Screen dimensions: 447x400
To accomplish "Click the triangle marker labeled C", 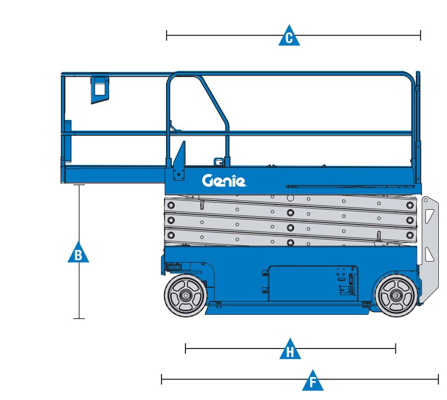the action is (289, 36).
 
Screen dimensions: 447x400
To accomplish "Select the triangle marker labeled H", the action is (290, 350).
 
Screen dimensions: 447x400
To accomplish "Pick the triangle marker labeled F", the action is (313, 381).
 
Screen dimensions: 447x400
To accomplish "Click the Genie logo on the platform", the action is (224, 181).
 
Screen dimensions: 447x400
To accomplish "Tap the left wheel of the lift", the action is (185, 295).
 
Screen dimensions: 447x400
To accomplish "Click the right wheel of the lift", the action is (396, 295).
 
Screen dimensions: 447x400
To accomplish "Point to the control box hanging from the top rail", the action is (100, 89).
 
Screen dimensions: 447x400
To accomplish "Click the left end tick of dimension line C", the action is (167, 35).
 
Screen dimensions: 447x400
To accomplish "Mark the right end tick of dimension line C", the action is (420, 35).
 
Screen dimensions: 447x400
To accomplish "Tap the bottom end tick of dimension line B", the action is (79, 318).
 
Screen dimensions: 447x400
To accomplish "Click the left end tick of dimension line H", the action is (185, 348).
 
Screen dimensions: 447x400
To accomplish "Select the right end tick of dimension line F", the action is (438, 380).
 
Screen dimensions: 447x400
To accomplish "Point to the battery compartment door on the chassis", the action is (313, 283).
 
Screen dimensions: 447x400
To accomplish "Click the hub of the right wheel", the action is (396, 295).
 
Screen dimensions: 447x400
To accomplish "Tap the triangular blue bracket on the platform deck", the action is (179, 161).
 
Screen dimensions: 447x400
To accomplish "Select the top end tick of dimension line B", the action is (79, 185).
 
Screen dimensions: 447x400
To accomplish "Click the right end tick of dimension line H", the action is (396, 348).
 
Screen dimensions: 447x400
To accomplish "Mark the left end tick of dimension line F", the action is (161, 380).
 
